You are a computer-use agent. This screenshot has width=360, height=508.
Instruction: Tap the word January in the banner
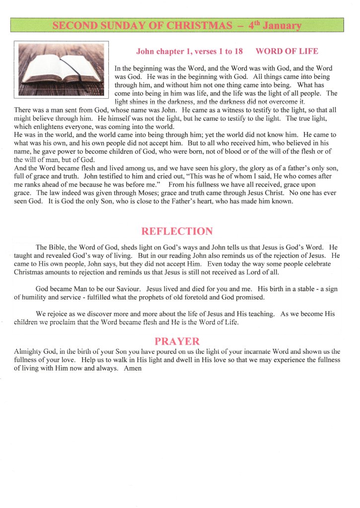coord(282,25)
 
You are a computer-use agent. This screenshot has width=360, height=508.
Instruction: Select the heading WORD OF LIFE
coord(287,51)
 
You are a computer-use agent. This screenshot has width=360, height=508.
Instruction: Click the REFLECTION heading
coord(177,231)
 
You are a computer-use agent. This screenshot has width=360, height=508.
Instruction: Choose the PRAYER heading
coord(177,341)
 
